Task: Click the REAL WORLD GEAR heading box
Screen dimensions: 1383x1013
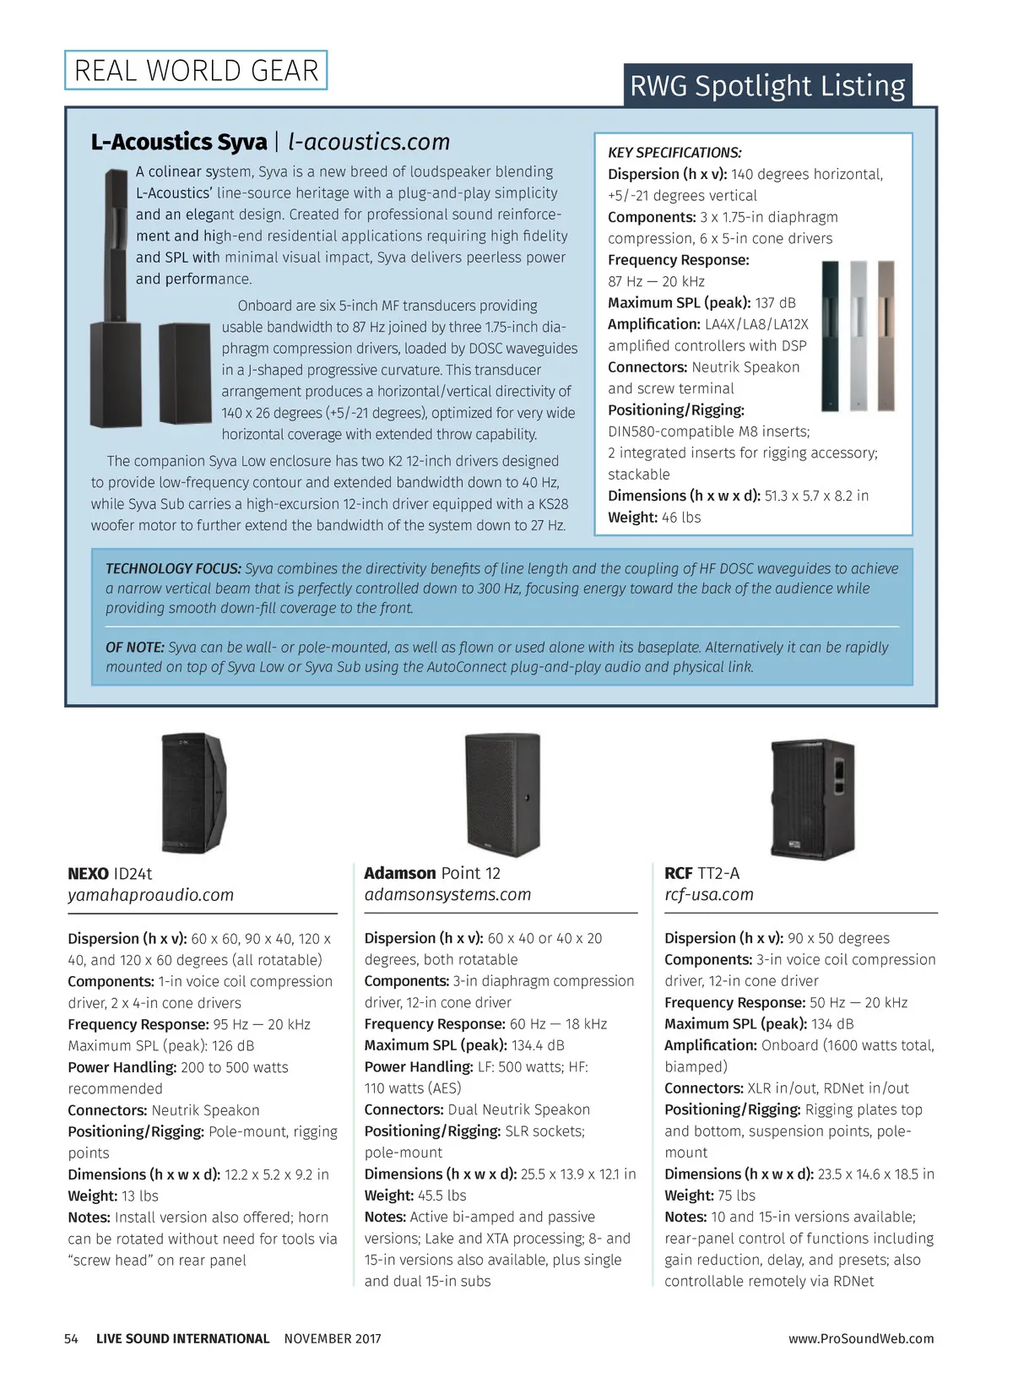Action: tap(196, 70)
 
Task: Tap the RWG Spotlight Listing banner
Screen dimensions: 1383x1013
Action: tap(767, 85)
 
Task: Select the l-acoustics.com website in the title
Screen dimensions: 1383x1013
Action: tap(369, 142)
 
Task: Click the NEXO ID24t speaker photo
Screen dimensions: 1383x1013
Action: tap(194, 793)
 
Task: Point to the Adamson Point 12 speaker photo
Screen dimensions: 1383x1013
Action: tap(502, 794)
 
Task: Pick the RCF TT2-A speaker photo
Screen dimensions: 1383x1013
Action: tap(812, 799)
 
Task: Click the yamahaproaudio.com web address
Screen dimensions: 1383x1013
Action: tap(151, 895)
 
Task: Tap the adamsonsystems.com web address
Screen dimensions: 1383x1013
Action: tap(447, 895)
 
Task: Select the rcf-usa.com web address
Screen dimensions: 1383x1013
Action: tap(708, 895)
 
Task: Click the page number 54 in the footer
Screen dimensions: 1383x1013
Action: tap(72, 1339)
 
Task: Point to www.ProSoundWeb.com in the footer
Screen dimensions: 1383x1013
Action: tap(861, 1339)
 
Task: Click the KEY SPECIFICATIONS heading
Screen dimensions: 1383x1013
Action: tap(674, 153)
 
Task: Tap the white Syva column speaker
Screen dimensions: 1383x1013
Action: tap(859, 335)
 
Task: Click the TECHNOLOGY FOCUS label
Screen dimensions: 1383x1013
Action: tap(173, 569)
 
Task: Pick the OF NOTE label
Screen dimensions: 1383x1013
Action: tap(135, 648)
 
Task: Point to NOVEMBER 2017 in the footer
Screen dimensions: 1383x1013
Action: tap(333, 1339)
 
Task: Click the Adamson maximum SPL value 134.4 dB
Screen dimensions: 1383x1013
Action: tap(538, 1045)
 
